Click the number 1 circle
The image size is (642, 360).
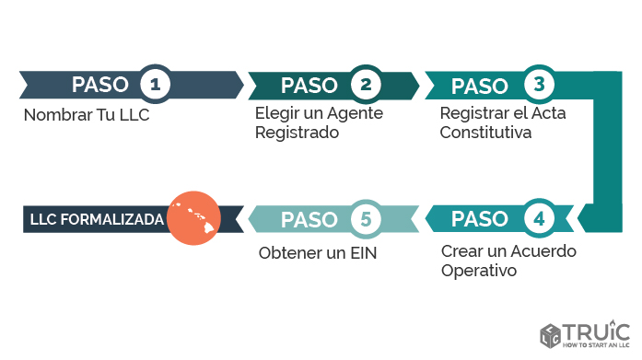pyautogui.click(x=156, y=85)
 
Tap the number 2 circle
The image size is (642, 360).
pyautogui.click(x=366, y=85)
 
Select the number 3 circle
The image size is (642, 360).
pyautogui.click(x=539, y=85)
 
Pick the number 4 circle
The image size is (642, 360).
pyautogui.click(x=539, y=219)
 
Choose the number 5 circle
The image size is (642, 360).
pyautogui.click(x=366, y=219)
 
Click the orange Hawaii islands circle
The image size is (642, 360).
pyautogui.click(x=193, y=218)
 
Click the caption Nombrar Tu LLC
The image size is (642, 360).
pyautogui.click(x=86, y=116)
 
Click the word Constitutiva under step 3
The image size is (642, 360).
pyautogui.click(x=486, y=132)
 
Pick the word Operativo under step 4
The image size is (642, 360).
pyautogui.click(x=479, y=271)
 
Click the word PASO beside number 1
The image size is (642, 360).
pyautogui.click(x=99, y=85)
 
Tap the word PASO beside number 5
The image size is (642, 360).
pyautogui.click(x=309, y=219)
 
